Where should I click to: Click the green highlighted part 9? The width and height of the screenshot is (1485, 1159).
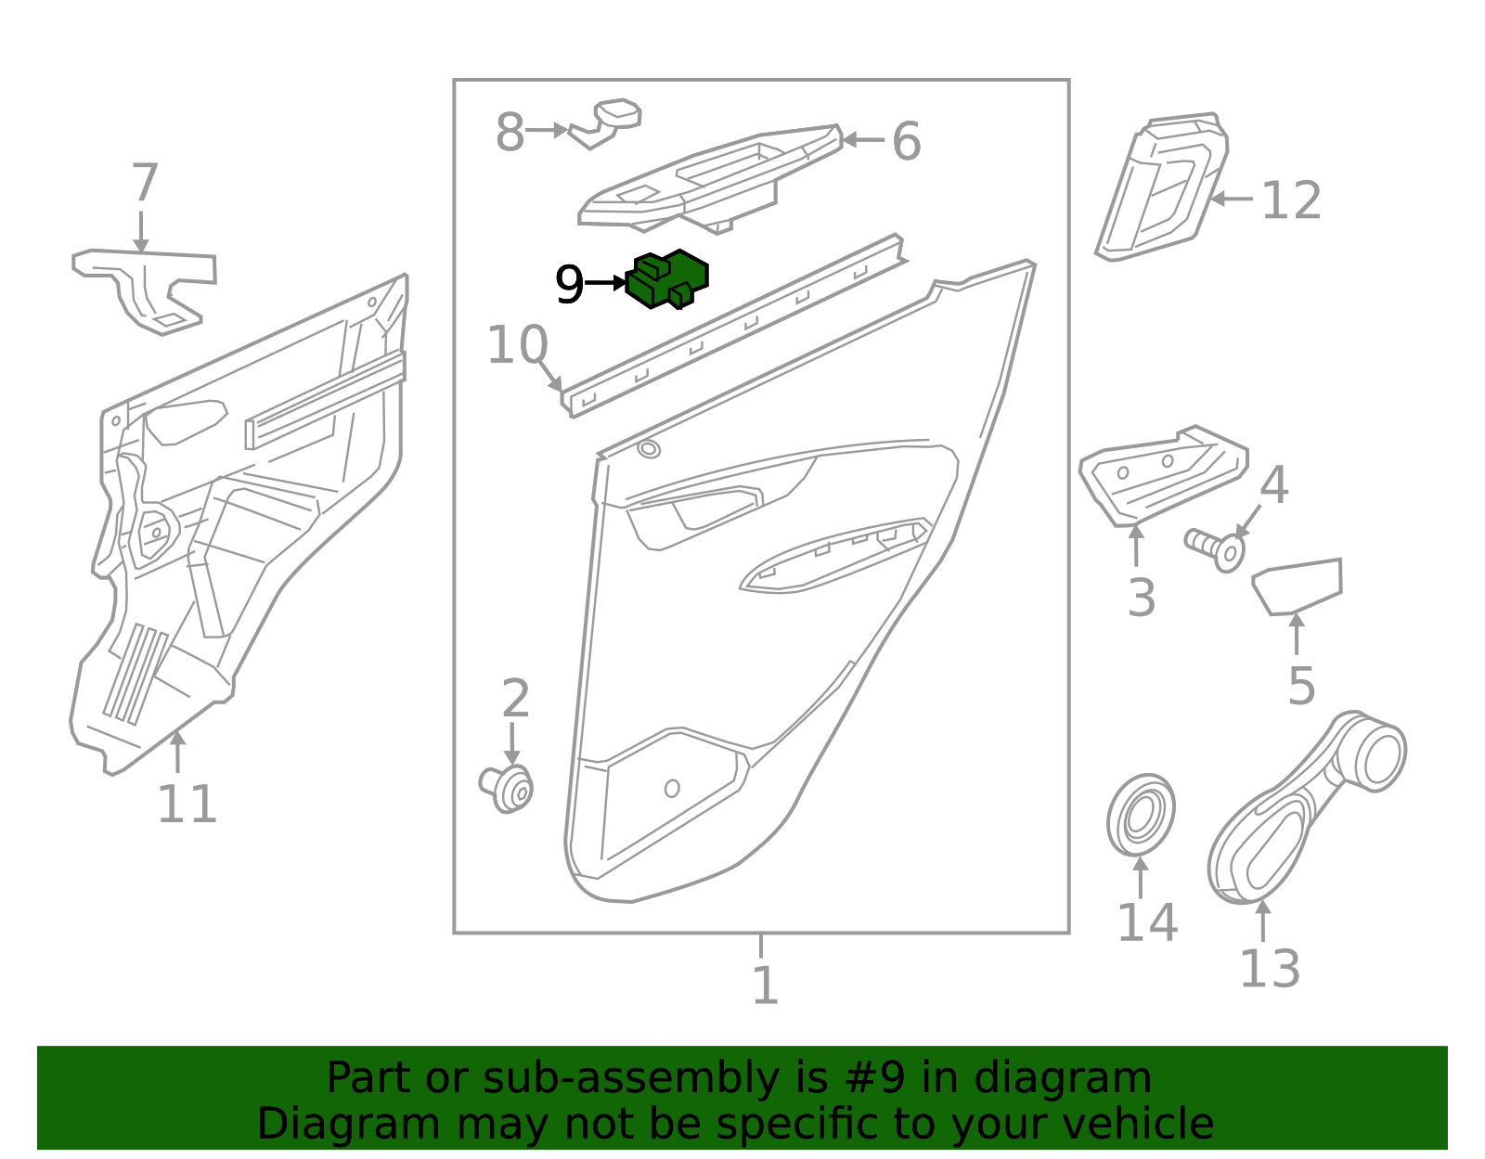click(667, 278)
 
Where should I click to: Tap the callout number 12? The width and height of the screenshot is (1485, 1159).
click(1291, 200)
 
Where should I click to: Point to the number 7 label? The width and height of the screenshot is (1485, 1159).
click(145, 183)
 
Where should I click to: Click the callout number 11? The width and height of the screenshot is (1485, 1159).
click(187, 804)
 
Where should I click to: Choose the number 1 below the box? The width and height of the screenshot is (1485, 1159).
click(764, 985)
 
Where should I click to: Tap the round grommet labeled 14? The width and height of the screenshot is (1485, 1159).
click(1140, 815)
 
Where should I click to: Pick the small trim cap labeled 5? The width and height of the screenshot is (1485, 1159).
click(1298, 585)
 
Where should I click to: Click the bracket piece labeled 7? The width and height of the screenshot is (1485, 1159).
click(148, 284)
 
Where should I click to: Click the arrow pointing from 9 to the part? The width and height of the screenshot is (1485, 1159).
click(607, 282)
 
